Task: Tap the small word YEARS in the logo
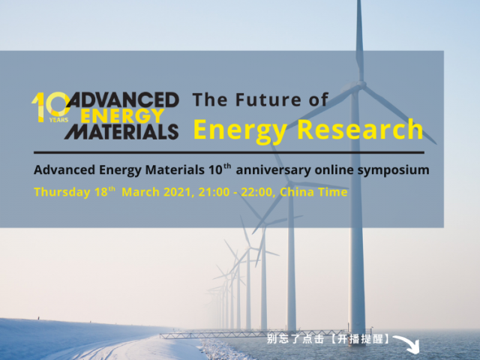coord(58,120)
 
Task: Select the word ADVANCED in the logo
coord(122,100)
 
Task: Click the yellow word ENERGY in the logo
coord(122,115)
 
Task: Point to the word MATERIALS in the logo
coord(121,132)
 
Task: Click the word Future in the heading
coord(268,100)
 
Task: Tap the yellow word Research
coord(360,129)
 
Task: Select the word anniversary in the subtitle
coord(273,170)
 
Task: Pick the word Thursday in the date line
coord(62,193)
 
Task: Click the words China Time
coord(313,192)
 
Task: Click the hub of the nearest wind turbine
coord(361,84)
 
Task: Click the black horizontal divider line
coord(229,152)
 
